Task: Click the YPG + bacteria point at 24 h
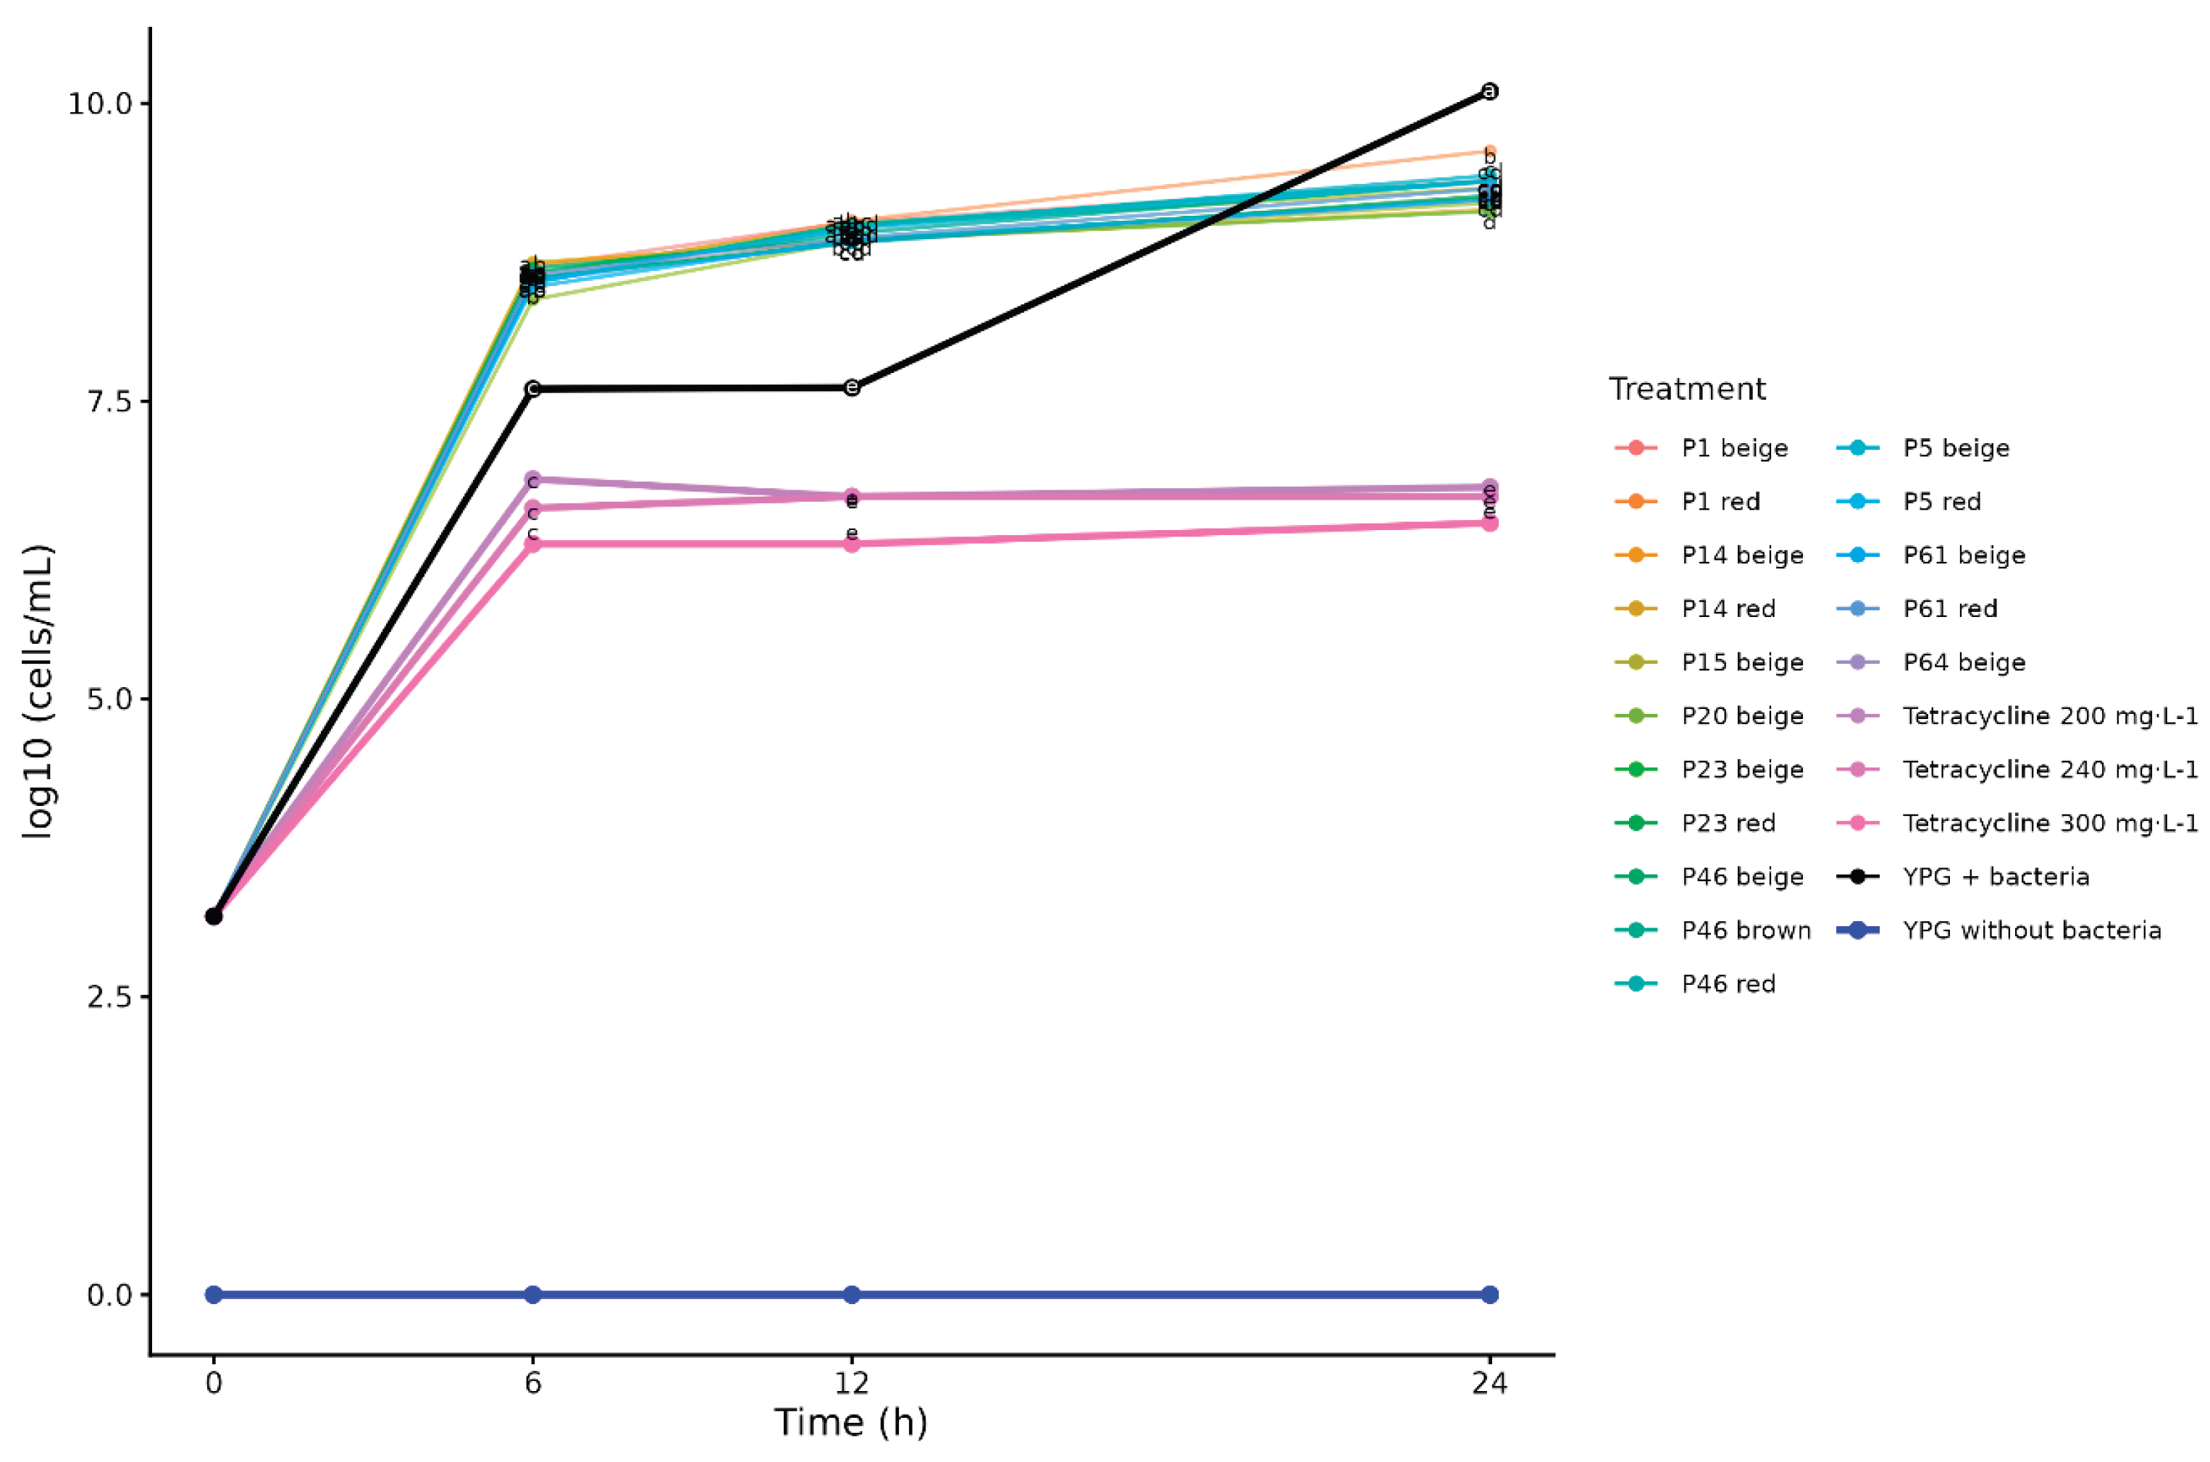[1489, 91]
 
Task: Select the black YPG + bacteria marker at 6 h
[532, 389]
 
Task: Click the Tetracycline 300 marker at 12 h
[851, 544]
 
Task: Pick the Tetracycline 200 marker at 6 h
[532, 479]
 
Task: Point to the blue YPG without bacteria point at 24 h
[1489, 1294]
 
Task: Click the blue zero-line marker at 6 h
[532, 1294]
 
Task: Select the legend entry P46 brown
[1746, 930]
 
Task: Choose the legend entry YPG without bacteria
[2031, 930]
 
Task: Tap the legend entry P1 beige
[1734, 448]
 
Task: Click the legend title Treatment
[1687, 389]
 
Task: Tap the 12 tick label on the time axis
[851, 1382]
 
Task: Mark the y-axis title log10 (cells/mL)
[39, 691]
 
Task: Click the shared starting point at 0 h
[214, 917]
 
